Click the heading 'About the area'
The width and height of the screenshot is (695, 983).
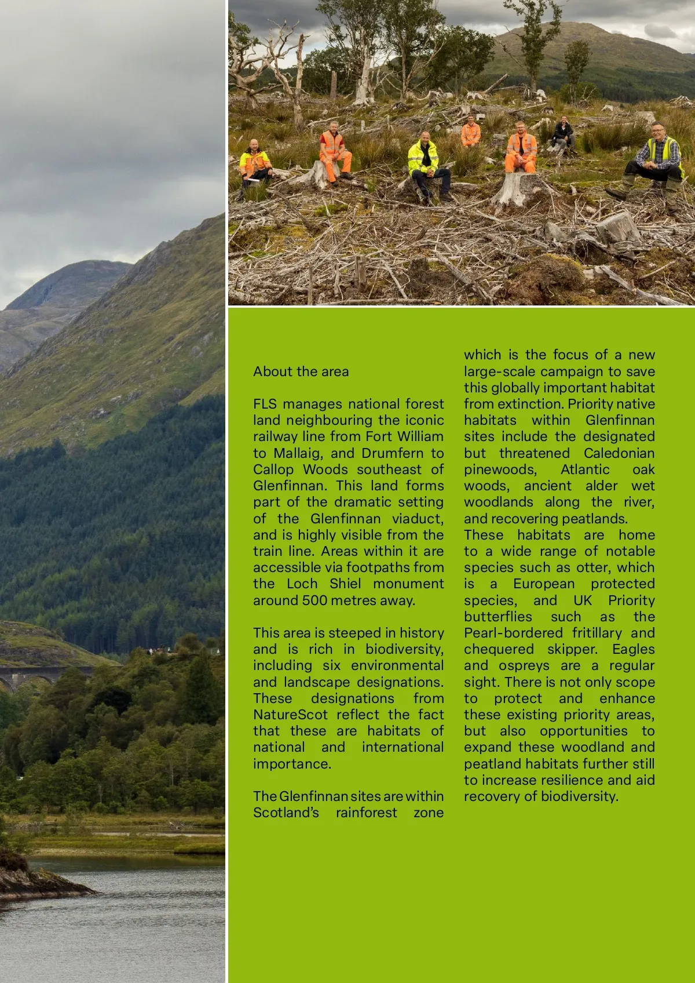301,372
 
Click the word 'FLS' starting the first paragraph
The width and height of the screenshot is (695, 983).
265,404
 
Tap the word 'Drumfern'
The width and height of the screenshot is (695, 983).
392,453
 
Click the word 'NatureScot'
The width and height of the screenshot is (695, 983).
290,715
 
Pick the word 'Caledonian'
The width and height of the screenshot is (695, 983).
619,453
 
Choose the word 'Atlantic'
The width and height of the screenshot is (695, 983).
585,469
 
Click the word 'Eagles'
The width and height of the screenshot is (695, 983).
633,649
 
